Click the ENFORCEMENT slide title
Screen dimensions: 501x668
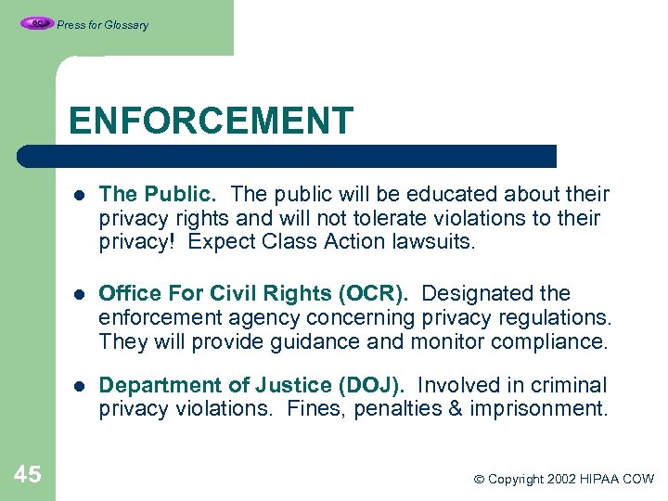click(211, 121)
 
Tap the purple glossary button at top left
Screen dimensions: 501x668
click(37, 24)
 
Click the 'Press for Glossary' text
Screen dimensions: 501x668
click(102, 25)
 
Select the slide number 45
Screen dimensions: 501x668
click(28, 475)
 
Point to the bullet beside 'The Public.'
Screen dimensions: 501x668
click(81, 196)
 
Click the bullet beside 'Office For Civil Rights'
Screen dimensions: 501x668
click(81, 295)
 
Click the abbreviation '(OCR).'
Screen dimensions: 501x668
click(375, 293)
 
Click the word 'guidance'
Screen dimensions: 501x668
click(315, 341)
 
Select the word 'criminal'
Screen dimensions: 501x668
click(569, 385)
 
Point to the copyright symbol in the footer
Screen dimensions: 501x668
click(479, 480)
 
